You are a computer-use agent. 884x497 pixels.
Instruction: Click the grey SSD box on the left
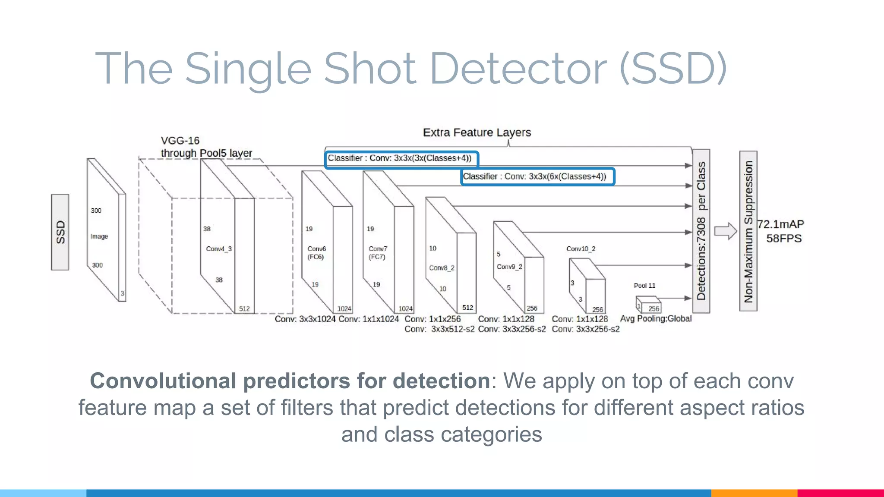point(60,232)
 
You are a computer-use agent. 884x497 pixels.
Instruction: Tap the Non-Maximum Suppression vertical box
point(748,231)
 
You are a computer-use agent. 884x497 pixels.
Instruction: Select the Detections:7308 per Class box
point(701,231)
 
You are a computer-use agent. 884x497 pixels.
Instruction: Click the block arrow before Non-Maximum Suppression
point(725,231)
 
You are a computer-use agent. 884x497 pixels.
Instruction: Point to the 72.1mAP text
point(780,224)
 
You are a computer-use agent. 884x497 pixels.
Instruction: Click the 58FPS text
point(783,239)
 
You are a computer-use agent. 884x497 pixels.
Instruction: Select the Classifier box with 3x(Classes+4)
point(401,159)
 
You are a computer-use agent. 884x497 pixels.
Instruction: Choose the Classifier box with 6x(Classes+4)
point(537,176)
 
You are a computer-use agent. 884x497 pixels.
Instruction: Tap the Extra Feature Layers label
point(477,132)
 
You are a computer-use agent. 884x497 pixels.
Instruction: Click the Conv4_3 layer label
point(219,249)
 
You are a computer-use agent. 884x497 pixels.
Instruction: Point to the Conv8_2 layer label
point(442,268)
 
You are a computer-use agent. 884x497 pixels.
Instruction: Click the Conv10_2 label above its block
point(581,249)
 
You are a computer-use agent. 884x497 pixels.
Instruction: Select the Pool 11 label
point(644,286)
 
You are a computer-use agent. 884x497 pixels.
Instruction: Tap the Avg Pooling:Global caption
point(655,319)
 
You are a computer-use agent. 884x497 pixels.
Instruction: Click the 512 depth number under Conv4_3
point(244,309)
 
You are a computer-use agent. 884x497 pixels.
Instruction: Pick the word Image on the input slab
point(99,236)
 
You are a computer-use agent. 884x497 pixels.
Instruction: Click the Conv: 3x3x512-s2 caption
point(439,329)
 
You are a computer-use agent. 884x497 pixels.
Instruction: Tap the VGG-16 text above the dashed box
point(180,141)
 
